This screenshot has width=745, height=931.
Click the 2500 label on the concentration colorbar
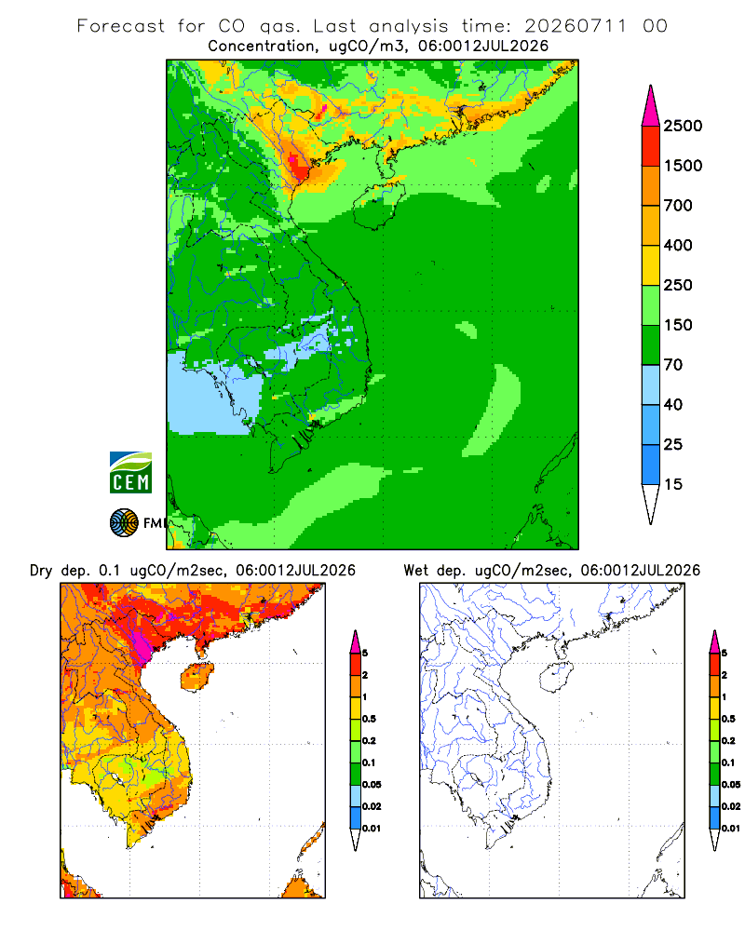click(683, 126)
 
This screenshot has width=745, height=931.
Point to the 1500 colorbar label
click(683, 166)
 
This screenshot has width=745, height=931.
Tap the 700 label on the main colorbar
click(678, 206)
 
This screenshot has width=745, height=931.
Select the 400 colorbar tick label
click(678, 245)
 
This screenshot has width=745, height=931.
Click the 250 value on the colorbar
click(678, 285)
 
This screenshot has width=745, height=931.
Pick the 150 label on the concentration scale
click(678, 325)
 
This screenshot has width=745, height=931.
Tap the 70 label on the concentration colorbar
click(673, 365)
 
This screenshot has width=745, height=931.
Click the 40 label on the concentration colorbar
click(673, 404)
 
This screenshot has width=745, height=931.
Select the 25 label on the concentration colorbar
click(673, 444)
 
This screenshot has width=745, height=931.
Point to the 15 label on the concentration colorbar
click(673, 484)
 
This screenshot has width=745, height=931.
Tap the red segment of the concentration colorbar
click(651, 146)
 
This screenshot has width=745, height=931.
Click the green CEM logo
click(130, 473)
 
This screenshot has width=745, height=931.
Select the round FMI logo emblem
click(124, 523)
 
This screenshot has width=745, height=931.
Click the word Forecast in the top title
click(121, 26)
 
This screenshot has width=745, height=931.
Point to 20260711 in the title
click(576, 26)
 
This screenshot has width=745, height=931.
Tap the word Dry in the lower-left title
click(41, 571)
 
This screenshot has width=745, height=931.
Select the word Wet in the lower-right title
click(415, 571)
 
